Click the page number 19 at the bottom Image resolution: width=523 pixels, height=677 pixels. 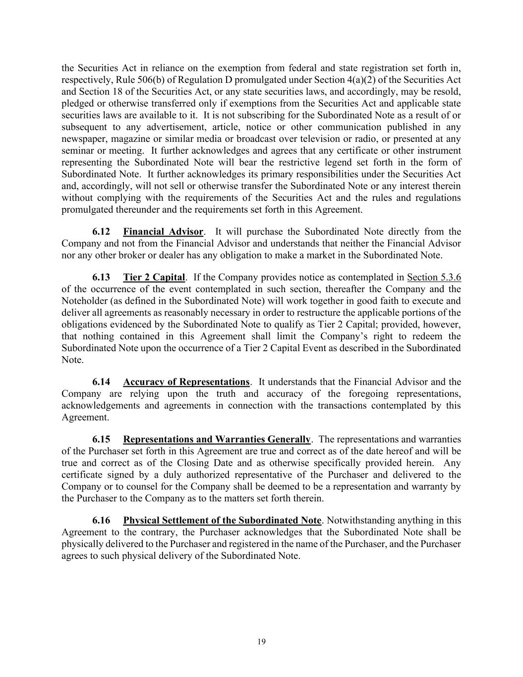click(262, 642)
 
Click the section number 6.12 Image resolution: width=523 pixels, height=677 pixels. click(101, 232)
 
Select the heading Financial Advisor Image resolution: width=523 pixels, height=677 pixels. click(163, 232)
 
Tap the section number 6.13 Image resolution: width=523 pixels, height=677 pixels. click(101, 277)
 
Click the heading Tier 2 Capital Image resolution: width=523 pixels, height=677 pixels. click(154, 277)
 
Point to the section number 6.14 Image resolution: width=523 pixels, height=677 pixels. click(101, 382)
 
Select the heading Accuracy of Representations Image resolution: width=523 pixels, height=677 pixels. click(186, 382)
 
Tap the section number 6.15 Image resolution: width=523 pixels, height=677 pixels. click(101, 439)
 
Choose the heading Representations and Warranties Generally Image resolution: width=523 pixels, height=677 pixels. click(217, 439)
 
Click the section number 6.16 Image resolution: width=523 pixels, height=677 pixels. click(101, 521)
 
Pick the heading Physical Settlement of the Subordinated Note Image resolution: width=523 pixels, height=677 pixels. click(222, 521)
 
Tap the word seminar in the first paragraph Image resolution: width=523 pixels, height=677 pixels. click(75, 151)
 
